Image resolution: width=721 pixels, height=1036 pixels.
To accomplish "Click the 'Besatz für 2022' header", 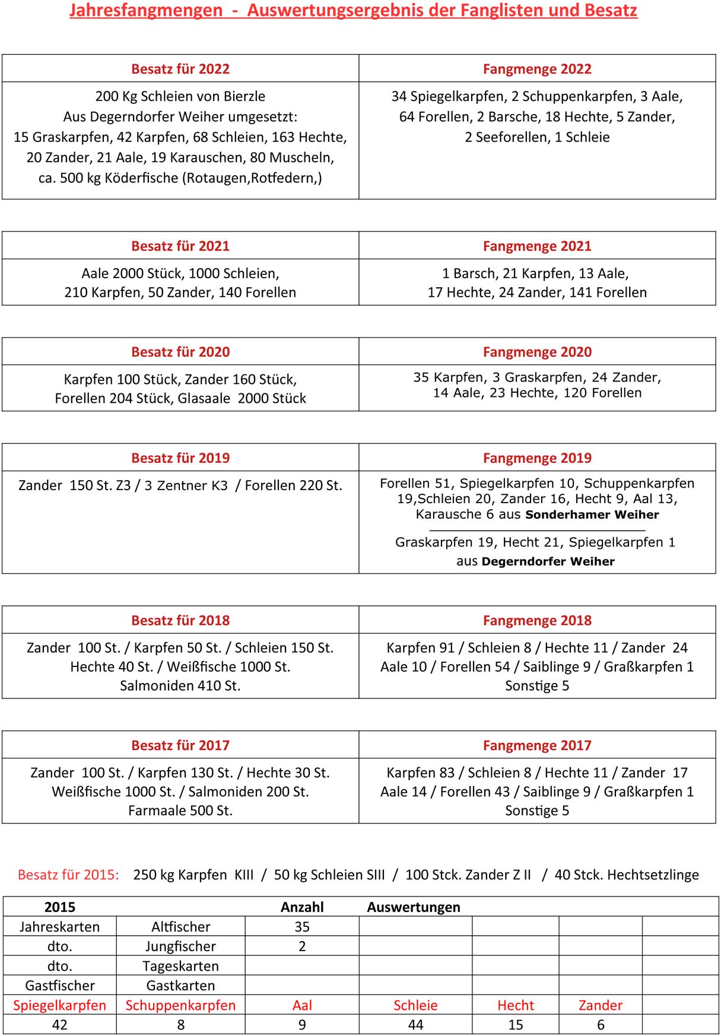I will click(x=180, y=69).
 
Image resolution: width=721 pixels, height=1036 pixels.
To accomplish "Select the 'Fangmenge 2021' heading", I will click(x=537, y=246).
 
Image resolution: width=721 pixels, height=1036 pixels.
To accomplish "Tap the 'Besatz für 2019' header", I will click(x=180, y=458).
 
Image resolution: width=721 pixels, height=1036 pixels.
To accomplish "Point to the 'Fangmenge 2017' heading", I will click(x=537, y=746).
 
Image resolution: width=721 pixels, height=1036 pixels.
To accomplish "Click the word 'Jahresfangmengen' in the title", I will click(x=146, y=11).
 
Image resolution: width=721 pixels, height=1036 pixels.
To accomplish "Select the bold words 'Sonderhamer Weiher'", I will click(x=592, y=515).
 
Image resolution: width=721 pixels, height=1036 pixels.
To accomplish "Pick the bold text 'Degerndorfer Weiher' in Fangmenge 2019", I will click(x=548, y=561).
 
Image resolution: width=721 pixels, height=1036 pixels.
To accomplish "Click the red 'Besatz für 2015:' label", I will click(x=68, y=875).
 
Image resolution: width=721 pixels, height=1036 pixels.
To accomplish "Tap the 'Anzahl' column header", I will click(x=302, y=907).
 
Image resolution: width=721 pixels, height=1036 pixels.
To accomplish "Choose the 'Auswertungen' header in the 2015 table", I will click(x=414, y=907).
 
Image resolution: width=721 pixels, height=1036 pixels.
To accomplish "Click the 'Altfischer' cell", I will click(x=180, y=927).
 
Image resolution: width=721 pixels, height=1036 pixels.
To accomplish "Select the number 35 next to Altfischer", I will click(x=302, y=927).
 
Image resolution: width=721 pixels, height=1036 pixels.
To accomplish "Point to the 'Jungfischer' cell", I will click(x=180, y=946).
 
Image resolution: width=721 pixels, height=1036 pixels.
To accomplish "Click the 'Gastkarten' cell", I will click(x=180, y=986).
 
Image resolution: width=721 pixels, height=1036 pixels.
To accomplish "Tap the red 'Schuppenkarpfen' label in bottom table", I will click(x=180, y=1005).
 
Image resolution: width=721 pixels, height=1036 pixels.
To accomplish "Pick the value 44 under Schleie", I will click(x=415, y=1025).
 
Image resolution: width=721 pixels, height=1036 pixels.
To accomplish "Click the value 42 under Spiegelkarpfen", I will click(x=59, y=1025).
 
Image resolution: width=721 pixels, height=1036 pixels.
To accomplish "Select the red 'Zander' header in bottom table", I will click(x=601, y=1005).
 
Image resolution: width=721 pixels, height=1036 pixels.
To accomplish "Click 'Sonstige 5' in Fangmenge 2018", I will click(x=537, y=686).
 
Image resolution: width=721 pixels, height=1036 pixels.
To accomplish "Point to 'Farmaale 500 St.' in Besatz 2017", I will click(x=180, y=811).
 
